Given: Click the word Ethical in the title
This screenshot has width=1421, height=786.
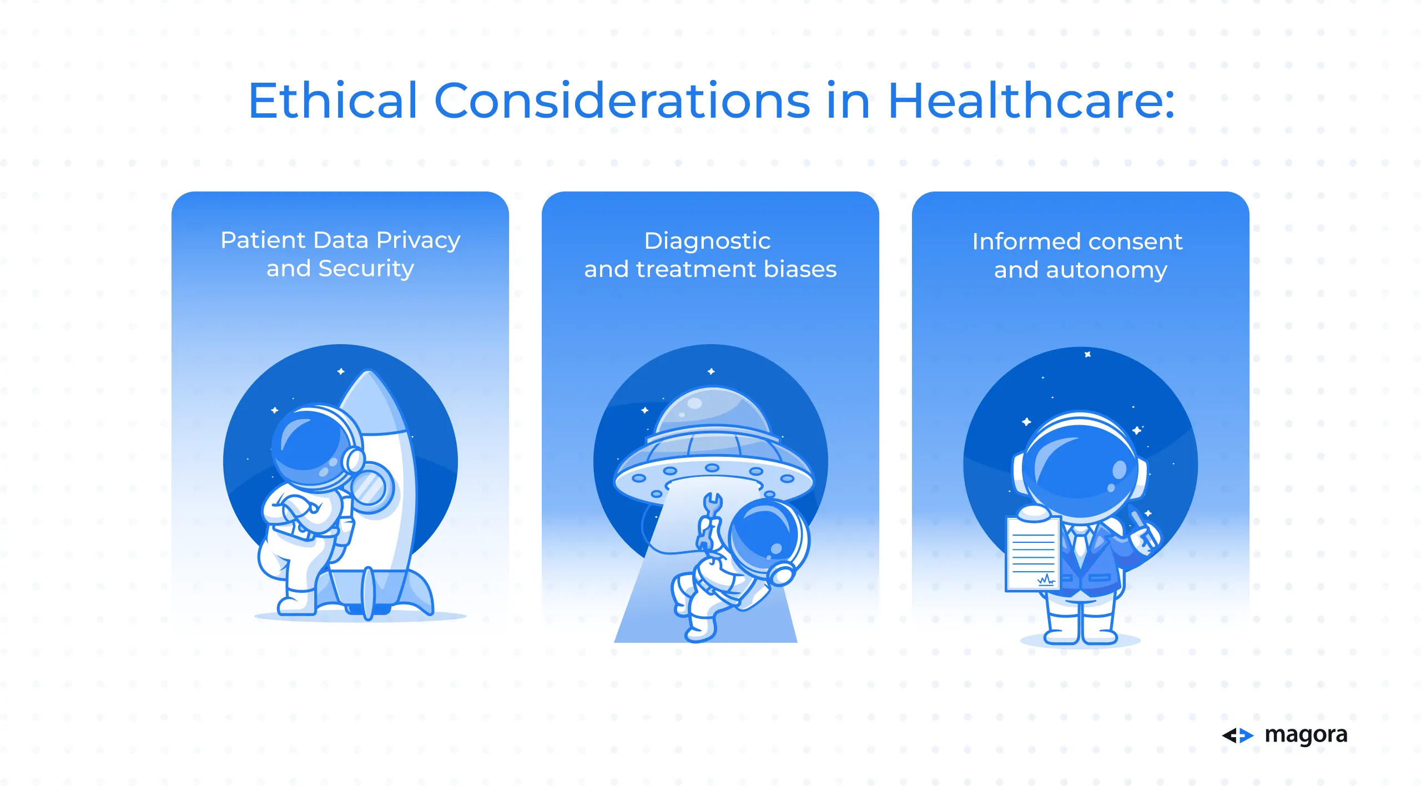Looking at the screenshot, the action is (x=332, y=100).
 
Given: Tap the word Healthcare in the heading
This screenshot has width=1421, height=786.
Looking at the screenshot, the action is (x=1031, y=100).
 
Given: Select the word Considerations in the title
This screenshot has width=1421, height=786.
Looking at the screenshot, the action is (x=622, y=100).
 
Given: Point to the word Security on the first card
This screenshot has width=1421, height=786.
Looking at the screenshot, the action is (x=366, y=269).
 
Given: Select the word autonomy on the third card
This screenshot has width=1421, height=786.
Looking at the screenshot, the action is (x=1106, y=271).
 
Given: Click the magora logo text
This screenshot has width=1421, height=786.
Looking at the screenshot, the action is (x=1306, y=735).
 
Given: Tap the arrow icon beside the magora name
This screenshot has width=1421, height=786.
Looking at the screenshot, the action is (x=1238, y=735).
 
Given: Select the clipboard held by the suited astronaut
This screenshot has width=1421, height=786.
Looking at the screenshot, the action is (x=1033, y=553).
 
